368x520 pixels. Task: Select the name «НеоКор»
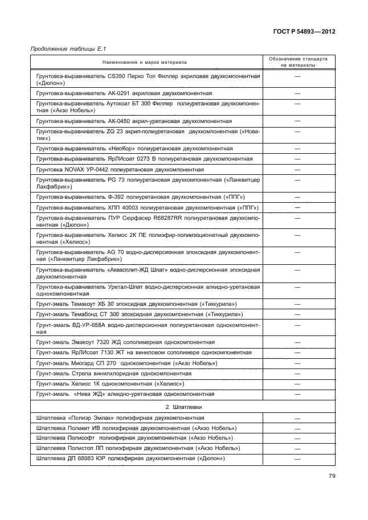click(120, 148)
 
